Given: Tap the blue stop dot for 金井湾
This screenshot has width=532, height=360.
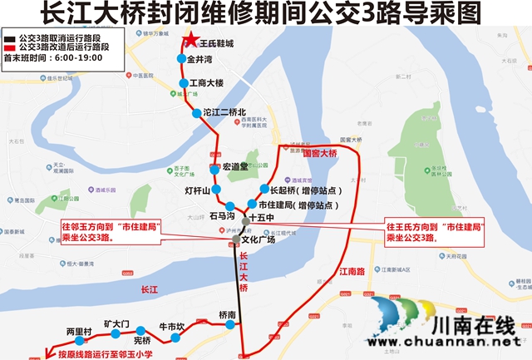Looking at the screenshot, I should point(180,59).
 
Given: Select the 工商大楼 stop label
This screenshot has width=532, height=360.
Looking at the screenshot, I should point(206,83).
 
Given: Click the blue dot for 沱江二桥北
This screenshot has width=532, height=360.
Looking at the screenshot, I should point(197,112).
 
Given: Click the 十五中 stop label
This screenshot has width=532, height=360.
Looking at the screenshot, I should point(262,218).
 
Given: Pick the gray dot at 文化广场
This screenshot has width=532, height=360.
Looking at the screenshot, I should point(236,239).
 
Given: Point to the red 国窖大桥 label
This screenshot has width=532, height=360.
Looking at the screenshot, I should point(320,154).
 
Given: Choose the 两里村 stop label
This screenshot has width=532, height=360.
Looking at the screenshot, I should point(78,331).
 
